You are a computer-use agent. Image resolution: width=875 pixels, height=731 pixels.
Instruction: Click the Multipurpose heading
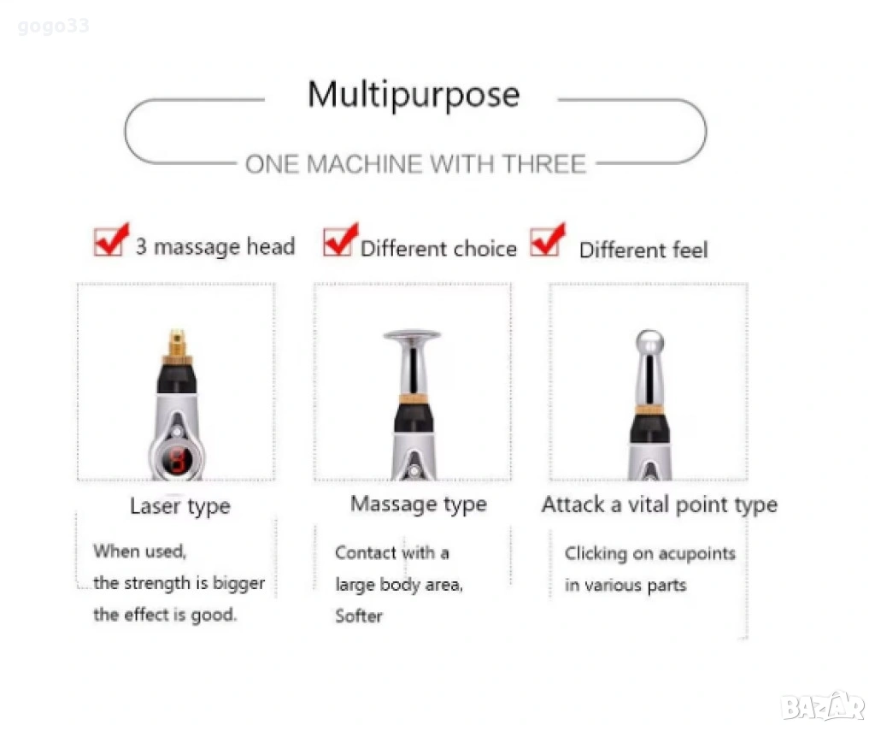(x=414, y=95)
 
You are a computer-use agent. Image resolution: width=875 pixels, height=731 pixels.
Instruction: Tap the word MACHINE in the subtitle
(x=364, y=164)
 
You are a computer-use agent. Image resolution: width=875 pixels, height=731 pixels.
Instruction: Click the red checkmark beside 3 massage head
(x=111, y=239)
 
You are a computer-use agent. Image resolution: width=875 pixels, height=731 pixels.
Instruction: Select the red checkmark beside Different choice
(x=340, y=239)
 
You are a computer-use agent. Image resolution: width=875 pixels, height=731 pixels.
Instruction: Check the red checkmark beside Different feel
(x=548, y=239)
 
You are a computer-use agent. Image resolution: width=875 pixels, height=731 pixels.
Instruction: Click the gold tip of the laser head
(x=178, y=343)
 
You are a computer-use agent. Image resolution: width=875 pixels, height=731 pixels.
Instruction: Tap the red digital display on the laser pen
(x=178, y=460)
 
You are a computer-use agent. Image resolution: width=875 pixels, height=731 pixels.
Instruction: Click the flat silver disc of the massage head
(x=412, y=335)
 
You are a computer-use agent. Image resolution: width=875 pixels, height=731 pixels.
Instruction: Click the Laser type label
(x=179, y=506)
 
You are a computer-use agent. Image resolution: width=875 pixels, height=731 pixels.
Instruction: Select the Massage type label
(x=419, y=504)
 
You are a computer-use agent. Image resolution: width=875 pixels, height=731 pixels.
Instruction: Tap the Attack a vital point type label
(x=659, y=504)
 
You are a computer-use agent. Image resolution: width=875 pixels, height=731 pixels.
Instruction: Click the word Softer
(x=359, y=616)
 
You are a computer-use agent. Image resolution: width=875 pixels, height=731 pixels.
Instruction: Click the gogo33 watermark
(x=53, y=26)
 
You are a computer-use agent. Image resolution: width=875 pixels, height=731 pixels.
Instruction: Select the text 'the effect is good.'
(x=165, y=615)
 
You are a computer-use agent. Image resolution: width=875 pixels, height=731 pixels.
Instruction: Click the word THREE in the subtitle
(x=544, y=164)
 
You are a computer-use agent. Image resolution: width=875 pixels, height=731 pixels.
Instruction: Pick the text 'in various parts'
(x=625, y=586)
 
